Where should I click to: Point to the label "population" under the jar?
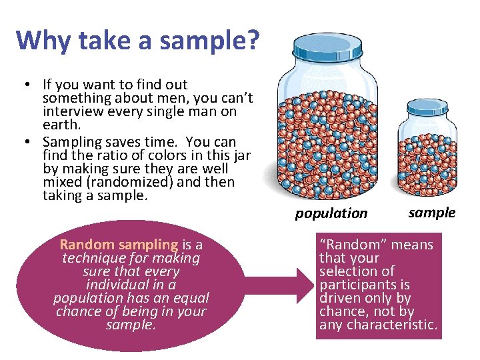331,213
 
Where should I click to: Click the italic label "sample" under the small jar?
431,213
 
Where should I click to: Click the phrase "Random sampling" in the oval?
119,245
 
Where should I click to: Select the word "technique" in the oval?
93,258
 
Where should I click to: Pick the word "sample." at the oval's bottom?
131,325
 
